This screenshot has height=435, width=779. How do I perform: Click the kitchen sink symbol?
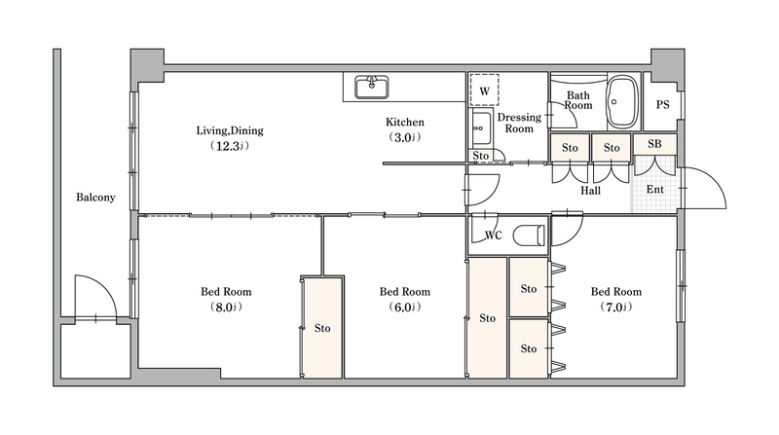(371, 87)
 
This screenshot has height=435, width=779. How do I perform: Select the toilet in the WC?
(530, 236)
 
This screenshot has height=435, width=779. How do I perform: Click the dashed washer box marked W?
(484, 90)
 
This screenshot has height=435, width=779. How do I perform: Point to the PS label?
(662, 105)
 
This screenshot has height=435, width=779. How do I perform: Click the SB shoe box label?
(654, 144)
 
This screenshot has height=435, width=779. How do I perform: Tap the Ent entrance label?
(654, 189)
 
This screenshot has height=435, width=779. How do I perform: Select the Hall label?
(590, 191)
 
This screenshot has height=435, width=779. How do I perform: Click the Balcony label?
(95, 198)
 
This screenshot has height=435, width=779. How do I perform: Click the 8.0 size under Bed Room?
(225, 308)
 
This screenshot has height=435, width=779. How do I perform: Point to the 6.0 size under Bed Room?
(403, 308)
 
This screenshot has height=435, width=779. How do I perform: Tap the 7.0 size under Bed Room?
(614, 308)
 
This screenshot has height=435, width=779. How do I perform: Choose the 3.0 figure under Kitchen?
(403, 137)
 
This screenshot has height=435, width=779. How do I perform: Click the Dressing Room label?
(519, 123)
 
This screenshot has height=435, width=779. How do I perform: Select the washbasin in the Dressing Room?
(481, 128)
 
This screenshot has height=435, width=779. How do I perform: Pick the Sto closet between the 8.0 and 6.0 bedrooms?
(322, 328)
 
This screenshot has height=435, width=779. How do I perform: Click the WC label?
(494, 236)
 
